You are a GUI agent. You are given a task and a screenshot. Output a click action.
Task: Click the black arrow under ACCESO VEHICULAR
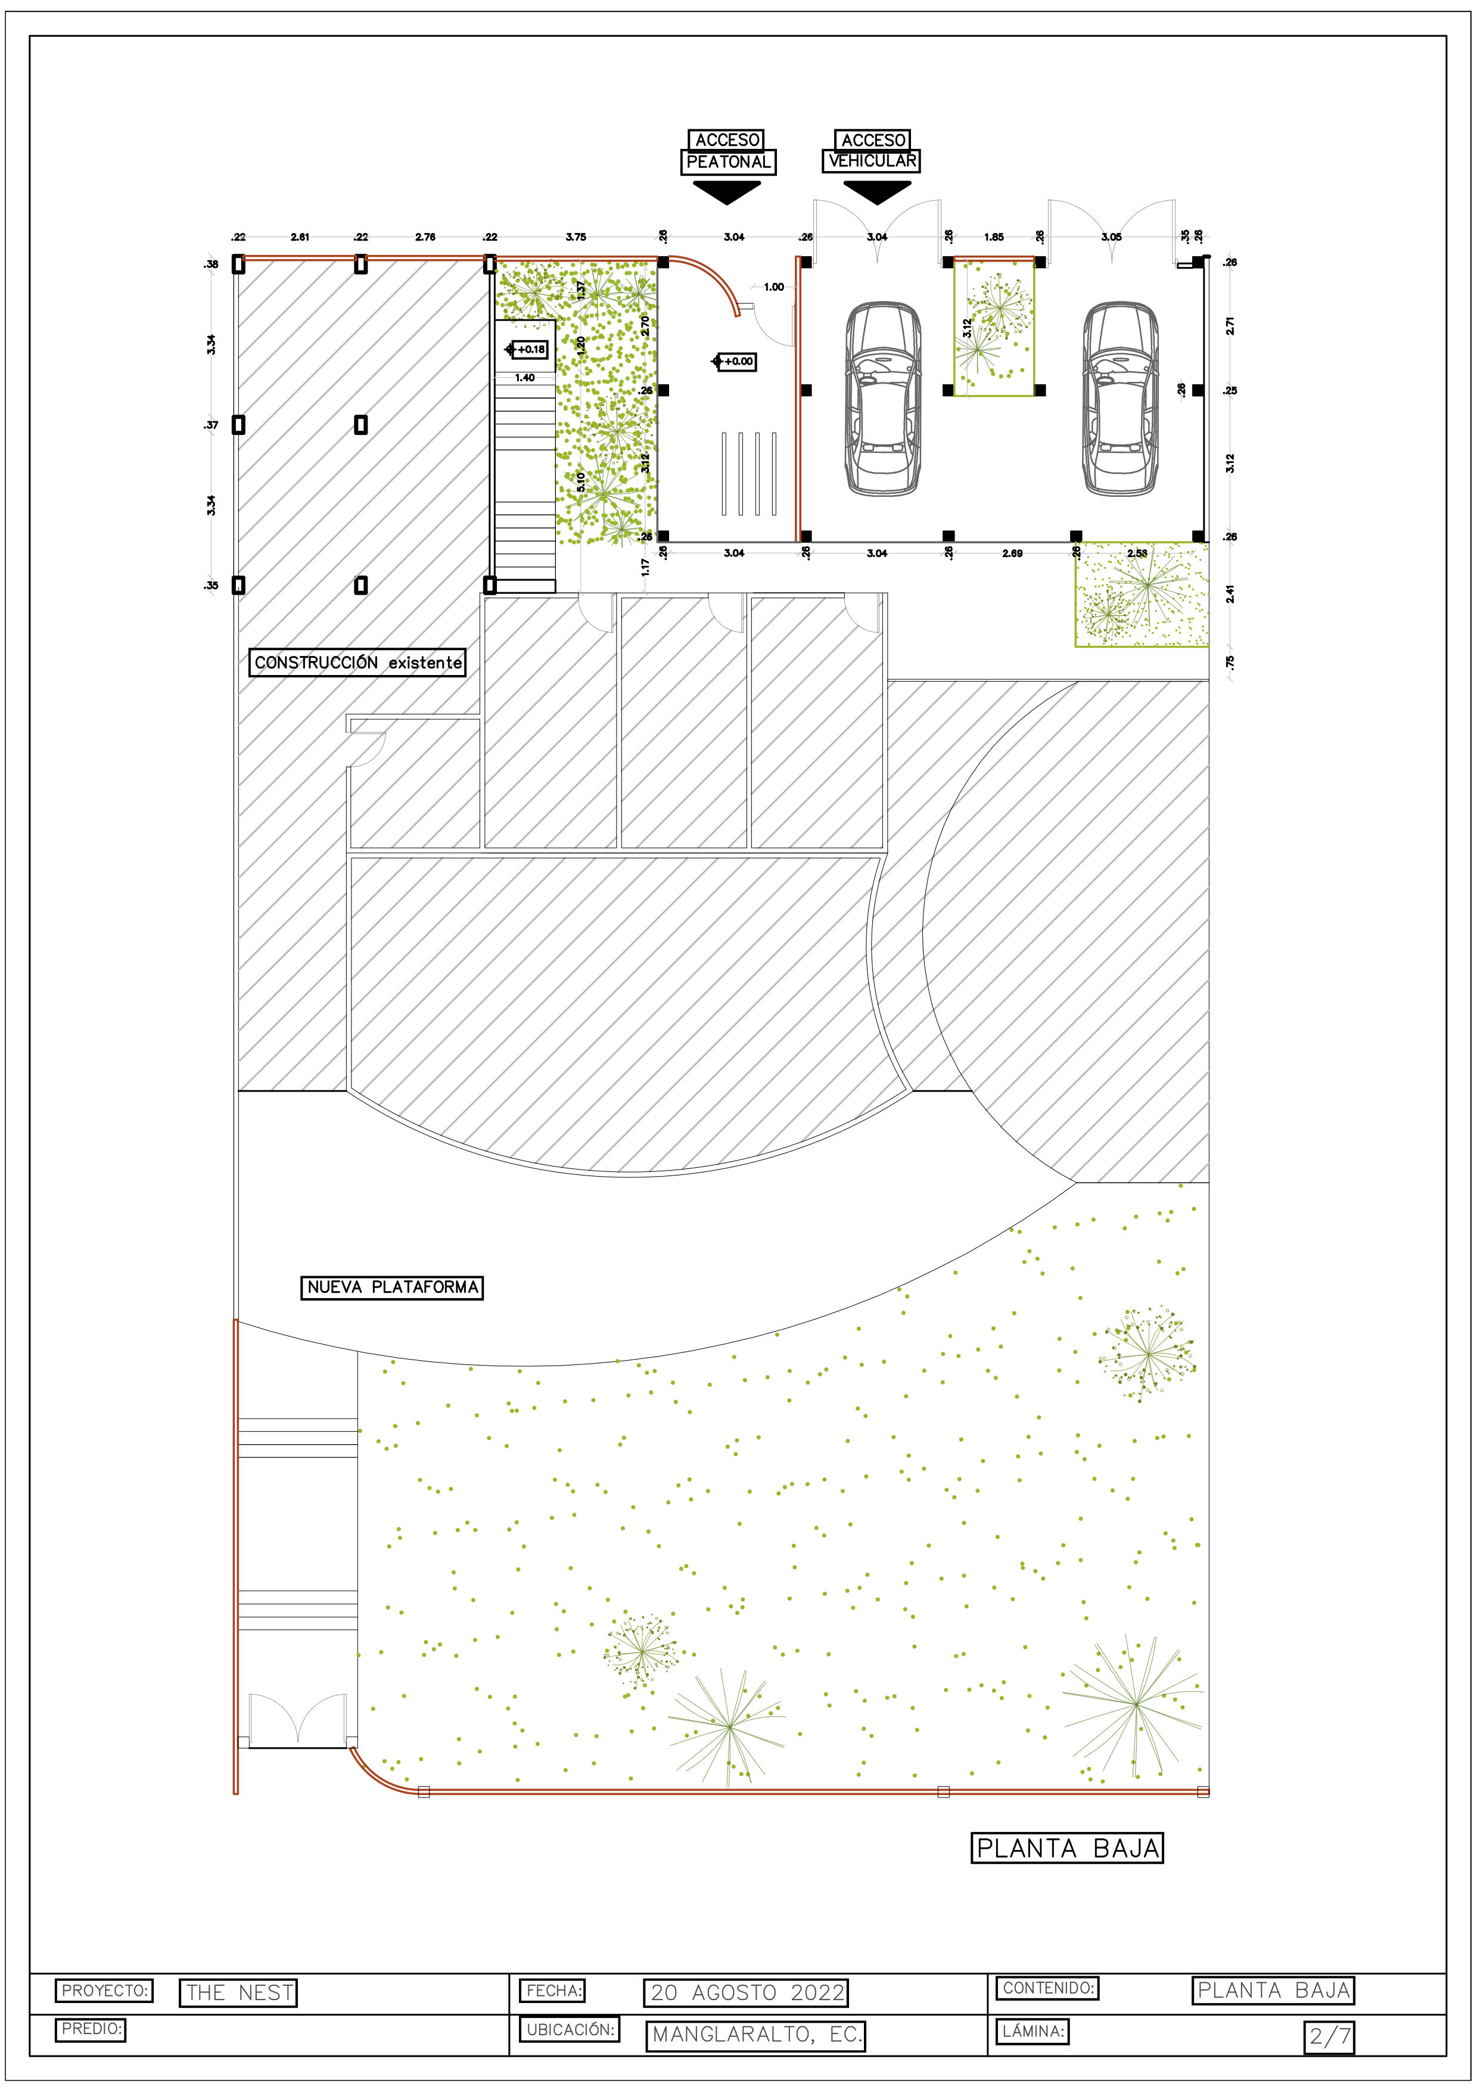tap(876, 191)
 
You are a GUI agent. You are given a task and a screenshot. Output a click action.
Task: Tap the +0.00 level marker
tap(735, 362)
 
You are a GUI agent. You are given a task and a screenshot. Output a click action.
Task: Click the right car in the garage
tap(1120, 399)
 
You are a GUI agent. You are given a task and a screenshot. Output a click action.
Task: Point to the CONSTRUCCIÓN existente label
tap(357, 663)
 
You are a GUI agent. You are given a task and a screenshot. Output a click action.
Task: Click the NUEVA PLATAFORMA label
tap(391, 1287)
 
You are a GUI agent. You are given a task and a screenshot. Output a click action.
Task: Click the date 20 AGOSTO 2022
tap(745, 1993)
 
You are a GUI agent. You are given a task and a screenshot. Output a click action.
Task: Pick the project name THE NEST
tap(238, 1993)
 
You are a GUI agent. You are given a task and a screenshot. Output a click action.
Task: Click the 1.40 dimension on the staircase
tap(525, 378)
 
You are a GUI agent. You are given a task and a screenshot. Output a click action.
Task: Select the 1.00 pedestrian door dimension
tap(773, 287)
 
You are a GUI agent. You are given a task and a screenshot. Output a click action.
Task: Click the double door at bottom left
tap(297, 1721)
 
